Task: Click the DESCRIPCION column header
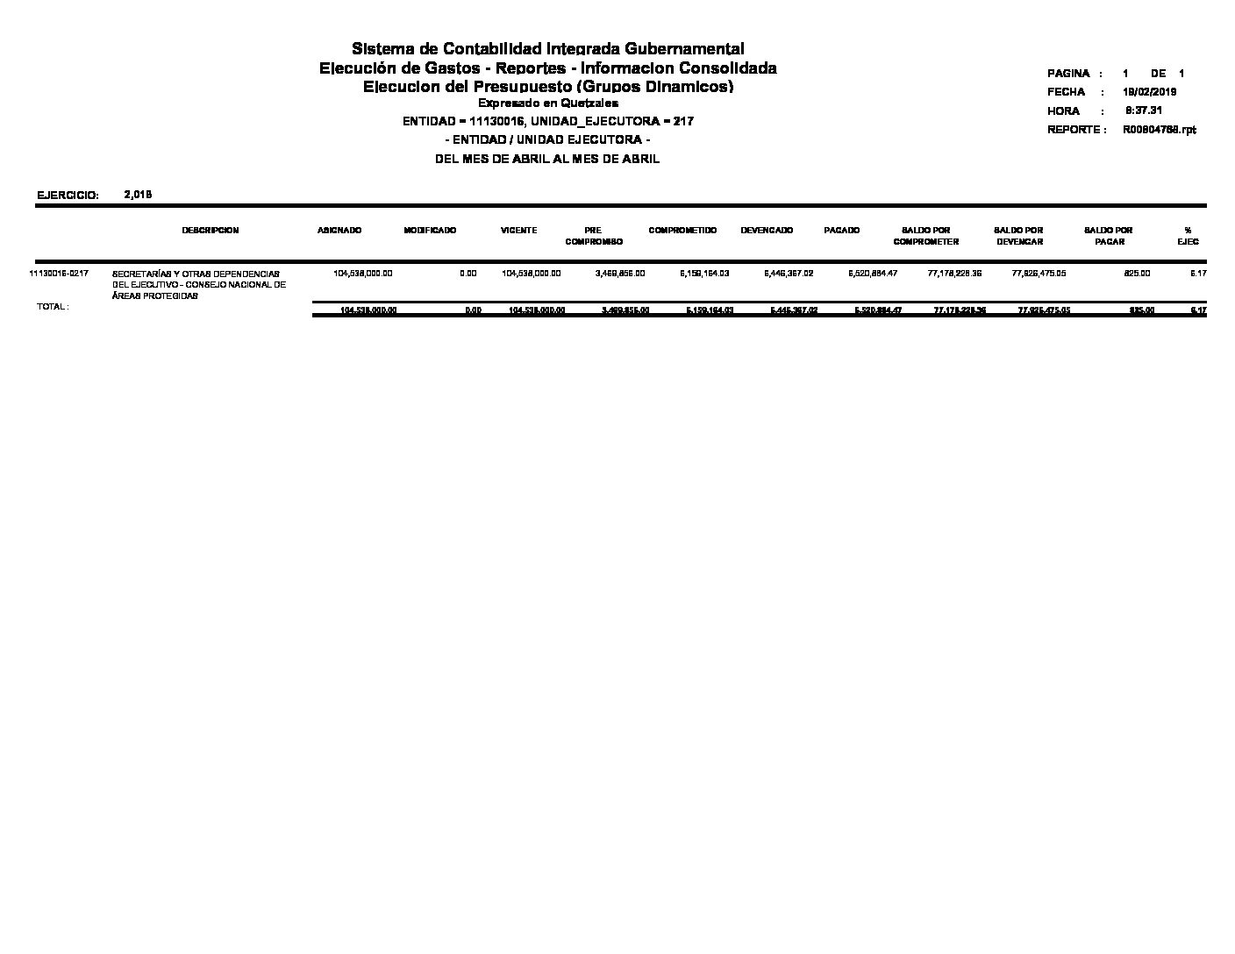coord(210,231)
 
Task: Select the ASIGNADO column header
coord(339,231)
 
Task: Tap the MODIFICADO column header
coord(430,231)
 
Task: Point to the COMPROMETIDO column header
coord(682,231)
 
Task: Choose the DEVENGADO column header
coord(767,231)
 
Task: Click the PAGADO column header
coord(841,231)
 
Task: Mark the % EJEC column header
coord(1188,236)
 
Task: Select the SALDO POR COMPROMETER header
coord(925,236)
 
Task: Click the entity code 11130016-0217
coord(59,274)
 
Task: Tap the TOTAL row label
coord(52,307)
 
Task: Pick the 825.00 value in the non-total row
coord(1137,274)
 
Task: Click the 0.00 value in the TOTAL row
coord(473,310)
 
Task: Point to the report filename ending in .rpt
coord(1159,130)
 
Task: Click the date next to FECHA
coord(1149,92)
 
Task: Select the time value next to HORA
coord(1144,110)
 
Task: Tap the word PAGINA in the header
coord(1068,74)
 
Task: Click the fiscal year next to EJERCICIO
coord(139,195)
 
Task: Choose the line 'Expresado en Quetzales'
coord(547,103)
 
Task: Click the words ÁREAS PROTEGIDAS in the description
coord(154,296)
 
